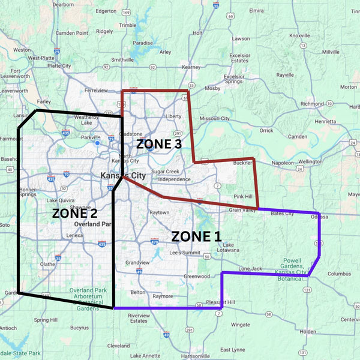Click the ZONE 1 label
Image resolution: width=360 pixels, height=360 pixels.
(196, 236)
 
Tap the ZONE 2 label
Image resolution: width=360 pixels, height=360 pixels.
(74, 212)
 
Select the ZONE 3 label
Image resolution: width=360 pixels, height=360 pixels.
(158, 144)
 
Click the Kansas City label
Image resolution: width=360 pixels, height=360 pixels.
(122, 176)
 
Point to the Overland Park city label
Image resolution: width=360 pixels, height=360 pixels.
(93, 224)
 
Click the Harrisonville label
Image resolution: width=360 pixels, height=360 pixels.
(194, 356)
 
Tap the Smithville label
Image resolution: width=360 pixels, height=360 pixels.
(122, 60)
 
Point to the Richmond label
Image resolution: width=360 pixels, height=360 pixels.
(312, 104)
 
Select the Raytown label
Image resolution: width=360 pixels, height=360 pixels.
(159, 212)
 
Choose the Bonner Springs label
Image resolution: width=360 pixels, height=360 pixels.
(28, 192)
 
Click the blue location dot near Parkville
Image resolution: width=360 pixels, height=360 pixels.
(97, 143)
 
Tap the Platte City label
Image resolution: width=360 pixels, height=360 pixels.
(59, 66)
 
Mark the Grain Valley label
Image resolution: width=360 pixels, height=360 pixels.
(242, 209)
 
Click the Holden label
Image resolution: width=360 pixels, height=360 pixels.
(308, 331)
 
